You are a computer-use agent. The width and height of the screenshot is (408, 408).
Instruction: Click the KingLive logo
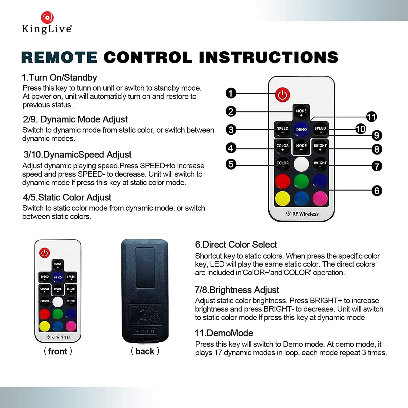click(x=47, y=23)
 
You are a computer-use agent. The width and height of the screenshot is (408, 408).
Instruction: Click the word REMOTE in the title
click(x=59, y=57)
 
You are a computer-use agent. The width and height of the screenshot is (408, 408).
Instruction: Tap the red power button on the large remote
click(x=283, y=95)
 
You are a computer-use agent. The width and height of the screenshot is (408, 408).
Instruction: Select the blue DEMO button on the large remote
click(x=301, y=129)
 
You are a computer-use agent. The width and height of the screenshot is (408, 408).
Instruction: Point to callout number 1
click(x=231, y=93)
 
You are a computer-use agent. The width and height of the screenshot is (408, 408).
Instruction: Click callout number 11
click(x=371, y=117)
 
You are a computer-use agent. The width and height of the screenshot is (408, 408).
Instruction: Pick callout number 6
click(x=377, y=191)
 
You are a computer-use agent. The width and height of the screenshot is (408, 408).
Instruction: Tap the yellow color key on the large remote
click(x=283, y=198)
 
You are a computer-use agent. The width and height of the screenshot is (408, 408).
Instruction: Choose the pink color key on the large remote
click(x=320, y=198)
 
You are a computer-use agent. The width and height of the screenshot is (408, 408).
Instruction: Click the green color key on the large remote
click(x=301, y=181)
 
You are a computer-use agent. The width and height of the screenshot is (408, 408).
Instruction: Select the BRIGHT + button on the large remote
click(x=320, y=147)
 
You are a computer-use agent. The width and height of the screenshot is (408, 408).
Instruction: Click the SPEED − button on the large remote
click(x=283, y=129)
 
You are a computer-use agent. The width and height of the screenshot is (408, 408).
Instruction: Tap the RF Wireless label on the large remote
click(x=302, y=214)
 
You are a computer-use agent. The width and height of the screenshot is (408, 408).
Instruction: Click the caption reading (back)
click(x=145, y=351)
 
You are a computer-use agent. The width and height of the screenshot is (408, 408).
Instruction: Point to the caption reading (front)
click(x=58, y=351)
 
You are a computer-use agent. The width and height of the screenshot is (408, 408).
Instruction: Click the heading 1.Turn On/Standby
click(x=59, y=78)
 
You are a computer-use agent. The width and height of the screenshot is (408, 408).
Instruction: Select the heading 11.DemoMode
click(x=224, y=333)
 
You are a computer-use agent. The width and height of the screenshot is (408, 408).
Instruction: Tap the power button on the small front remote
click(x=45, y=253)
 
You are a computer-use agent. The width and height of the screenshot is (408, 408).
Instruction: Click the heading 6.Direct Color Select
click(x=236, y=245)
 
